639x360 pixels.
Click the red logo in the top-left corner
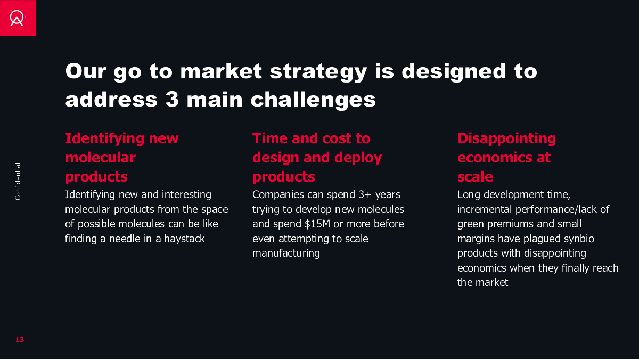pos(18,18)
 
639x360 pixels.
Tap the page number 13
pos(20,339)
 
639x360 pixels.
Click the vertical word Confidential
pos(18,182)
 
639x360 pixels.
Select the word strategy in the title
pos(318,72)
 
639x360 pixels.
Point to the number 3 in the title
pos(172,100)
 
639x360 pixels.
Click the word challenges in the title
pos(313,100)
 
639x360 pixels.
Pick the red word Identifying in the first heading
pos(105,139)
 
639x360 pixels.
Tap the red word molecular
pos(101,158)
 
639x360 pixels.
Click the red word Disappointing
pos(506,139)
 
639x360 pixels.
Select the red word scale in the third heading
pos(475,177)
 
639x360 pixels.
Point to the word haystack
pos(184,239)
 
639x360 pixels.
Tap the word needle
pos(126,239)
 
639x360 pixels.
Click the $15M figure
pos(317,224)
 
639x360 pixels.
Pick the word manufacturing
pos(286,253)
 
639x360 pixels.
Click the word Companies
pos(278,195)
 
